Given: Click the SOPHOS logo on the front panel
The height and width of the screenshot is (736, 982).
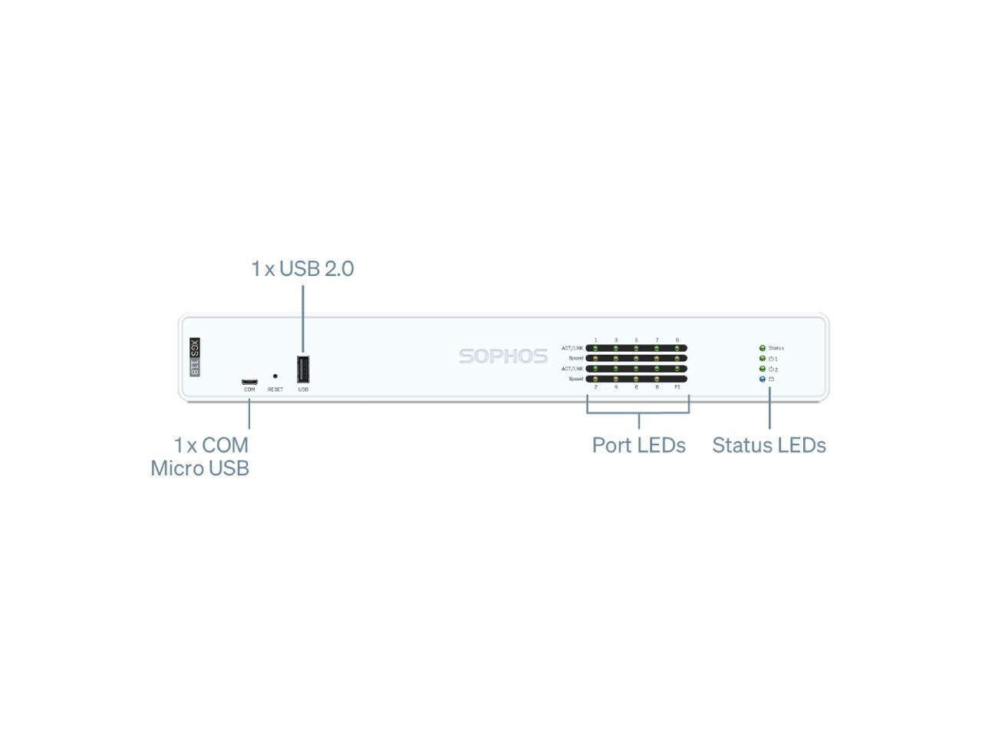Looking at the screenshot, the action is [x=503, y=356].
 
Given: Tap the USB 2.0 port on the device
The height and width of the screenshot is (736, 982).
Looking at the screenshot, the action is [x=303, y=369].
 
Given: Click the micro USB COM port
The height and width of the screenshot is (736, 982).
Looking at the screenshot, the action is [x=249, y=381].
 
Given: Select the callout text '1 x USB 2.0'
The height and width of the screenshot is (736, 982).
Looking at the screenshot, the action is [x=302, y=269].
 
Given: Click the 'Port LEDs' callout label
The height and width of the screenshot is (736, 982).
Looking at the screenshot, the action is [x=638, y=445].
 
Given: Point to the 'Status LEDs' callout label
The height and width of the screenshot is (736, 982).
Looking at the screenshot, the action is [x=769, y=445].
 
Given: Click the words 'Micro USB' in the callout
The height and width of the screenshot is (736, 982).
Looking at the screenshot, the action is [x=199, y=468].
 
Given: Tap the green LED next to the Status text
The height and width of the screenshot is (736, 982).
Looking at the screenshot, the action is [x=762, y=348].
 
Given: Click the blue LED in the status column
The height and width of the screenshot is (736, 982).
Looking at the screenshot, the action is [x=762, y=379].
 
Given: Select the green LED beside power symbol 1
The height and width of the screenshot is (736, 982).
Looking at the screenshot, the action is [x=762, y=358].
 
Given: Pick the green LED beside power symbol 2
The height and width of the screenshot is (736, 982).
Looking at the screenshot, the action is [x=762, y=369].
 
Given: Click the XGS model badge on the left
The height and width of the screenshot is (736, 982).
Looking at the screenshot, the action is [x=195, y=357].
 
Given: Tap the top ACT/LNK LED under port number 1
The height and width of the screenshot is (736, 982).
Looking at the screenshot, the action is [x=595, y=348].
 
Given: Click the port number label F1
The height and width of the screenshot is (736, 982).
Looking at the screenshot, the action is [x=677, y=387].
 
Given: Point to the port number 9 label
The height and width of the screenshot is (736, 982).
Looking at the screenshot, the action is [x=677, y=340].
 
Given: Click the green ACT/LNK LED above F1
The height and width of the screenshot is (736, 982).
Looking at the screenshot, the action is [x=677, y=369].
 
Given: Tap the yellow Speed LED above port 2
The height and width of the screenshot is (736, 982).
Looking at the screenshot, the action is [x=595, y=379].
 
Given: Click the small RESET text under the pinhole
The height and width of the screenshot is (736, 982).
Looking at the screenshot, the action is [x=275, y=389].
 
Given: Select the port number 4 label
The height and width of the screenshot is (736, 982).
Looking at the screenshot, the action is [x=616, y=387].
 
